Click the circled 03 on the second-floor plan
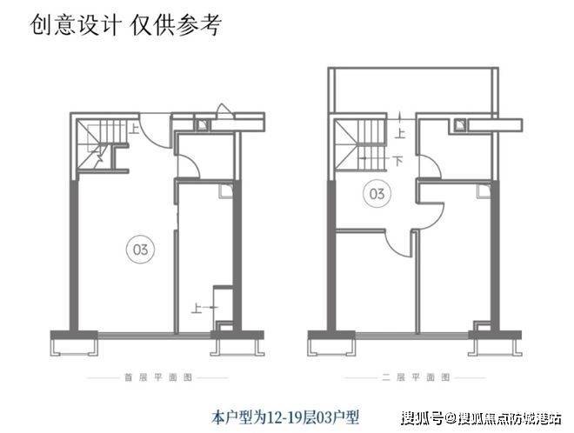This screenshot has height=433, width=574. click(x=377, y=191)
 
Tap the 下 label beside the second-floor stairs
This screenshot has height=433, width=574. click(x=397, y=161)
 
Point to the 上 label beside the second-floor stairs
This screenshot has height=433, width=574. click(x=399, y=134)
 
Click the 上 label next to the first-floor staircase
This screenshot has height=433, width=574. click(x=137, y=130)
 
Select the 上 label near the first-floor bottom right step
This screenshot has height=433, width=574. click(x=197, y=307)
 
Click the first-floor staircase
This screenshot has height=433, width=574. click(x=94, y=147)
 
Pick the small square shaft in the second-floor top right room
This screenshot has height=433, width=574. click(x=459, y=124)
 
